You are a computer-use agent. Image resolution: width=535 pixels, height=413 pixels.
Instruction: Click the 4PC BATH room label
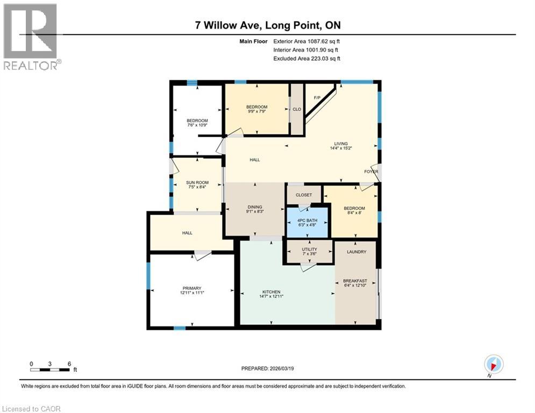307,220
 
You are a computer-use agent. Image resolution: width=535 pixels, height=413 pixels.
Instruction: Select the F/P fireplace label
317,97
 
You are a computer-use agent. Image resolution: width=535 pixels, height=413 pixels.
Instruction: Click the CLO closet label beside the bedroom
296,109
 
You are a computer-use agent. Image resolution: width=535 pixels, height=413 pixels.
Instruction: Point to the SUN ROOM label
197,183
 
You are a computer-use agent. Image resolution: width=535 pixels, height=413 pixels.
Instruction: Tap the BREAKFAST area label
355,281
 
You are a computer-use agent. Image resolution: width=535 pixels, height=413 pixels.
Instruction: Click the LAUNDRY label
356,252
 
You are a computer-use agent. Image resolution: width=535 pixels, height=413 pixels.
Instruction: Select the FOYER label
371,172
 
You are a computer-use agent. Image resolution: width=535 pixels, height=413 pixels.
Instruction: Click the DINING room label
255,207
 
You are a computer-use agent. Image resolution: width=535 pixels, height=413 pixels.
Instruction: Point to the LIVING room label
341,144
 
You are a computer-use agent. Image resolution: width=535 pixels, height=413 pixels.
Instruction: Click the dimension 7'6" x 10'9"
197,125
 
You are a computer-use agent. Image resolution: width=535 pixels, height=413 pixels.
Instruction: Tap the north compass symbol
493,365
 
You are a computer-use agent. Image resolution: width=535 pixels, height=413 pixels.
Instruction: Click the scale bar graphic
50,369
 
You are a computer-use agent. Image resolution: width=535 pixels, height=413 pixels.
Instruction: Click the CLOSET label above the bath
304,195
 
